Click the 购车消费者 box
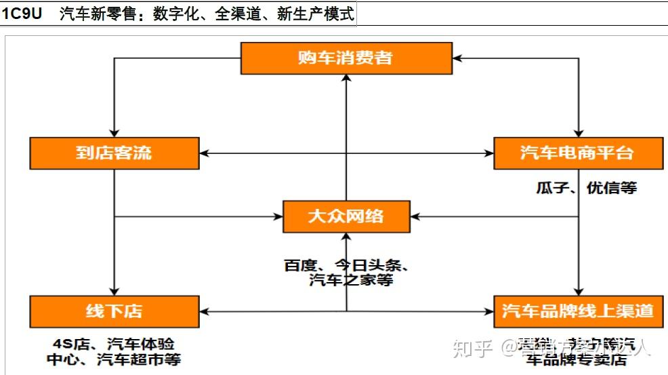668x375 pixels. [346, 58]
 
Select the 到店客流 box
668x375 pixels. [114, 153]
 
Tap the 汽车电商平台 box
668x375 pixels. [577, 153]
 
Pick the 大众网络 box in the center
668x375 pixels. [346, 217]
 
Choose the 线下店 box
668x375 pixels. [114, 311]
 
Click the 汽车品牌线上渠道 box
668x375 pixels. [577, 311]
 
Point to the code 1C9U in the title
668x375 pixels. [22, 14]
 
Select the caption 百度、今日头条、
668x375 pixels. [346, 265]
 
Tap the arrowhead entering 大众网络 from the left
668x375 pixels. [278, 217]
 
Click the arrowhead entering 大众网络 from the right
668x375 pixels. [415, 217]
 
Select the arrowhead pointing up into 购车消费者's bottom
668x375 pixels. [346, 79]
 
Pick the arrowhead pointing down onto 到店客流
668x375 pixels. [114, 133]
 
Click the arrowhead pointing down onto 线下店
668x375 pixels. [114, 291]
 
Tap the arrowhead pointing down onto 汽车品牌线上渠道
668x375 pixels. [577, 291]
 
